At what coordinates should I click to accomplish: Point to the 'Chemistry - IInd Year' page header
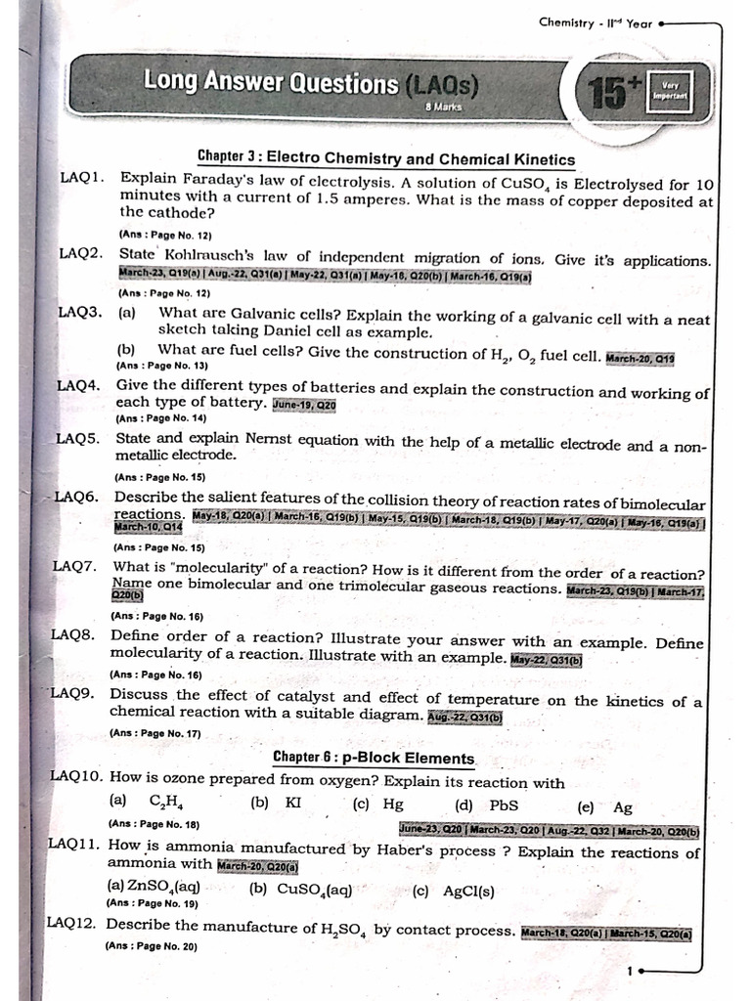[x=596, y=22]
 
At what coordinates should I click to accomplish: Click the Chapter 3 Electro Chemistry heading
[x=385, y=158]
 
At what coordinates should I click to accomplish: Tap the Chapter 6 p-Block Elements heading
[x=374, y=758]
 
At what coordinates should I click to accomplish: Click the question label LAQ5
[x=78, y=439]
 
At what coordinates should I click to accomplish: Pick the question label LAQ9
[x=72, y=693]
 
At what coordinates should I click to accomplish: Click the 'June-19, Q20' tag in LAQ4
[x=304, y=404]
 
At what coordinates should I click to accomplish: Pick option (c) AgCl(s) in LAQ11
[x=454, y=891]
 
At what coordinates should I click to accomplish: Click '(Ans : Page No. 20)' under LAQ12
[x=151, y=946]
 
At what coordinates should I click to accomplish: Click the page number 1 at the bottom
[x=632, y=971]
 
